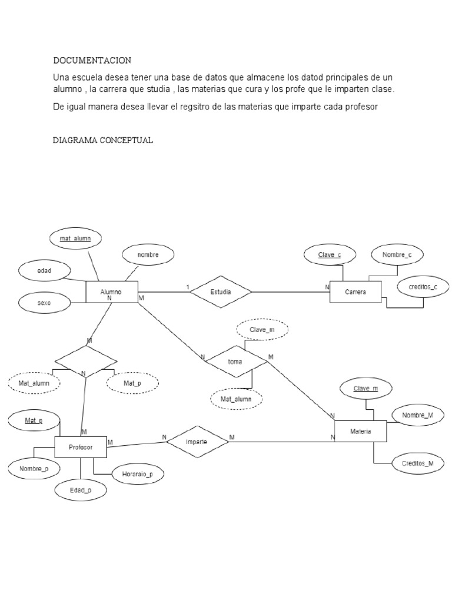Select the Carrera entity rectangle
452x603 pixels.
click(355, 292)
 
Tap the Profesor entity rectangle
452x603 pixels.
click(81, 448)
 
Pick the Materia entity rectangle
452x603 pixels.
click(360, 432)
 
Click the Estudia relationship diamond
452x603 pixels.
click(221, 291)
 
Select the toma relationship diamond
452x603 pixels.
click(235, 362)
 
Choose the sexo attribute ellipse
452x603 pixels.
click(44, 303)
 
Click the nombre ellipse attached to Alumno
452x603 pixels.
click(148, 255)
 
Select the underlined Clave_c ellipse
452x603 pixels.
click(330, 255)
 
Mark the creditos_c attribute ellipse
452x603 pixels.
click(419, 287)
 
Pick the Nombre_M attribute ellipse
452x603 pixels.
click(418, 415)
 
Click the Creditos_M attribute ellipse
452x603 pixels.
click(418, 463)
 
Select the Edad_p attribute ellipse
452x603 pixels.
click(81, 489)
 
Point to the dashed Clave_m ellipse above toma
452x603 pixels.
click(262, 330)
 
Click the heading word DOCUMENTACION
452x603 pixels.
click(92, 61)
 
